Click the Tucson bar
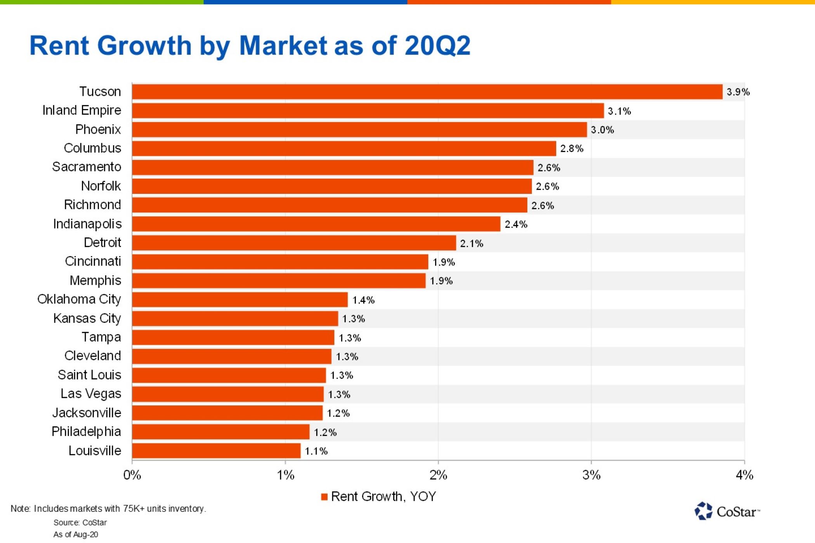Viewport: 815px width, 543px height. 427,92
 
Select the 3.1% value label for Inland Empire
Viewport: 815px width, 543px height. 619,111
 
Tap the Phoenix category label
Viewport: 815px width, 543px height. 98,129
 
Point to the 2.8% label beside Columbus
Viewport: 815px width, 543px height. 571,149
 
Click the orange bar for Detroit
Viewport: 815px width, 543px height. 294,243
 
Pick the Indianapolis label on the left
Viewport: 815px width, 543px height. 87,224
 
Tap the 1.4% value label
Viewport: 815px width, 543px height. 363,300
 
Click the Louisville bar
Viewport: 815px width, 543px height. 216,451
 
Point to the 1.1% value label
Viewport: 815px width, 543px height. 316,451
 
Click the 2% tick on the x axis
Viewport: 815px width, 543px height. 438,475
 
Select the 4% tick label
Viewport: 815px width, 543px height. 744,475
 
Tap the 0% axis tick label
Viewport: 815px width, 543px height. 132,475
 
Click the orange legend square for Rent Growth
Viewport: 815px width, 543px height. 324,497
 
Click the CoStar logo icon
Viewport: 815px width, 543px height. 703,511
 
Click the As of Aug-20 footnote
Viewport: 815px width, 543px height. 76,534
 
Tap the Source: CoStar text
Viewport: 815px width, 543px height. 80,522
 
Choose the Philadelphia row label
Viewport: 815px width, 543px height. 86,432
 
